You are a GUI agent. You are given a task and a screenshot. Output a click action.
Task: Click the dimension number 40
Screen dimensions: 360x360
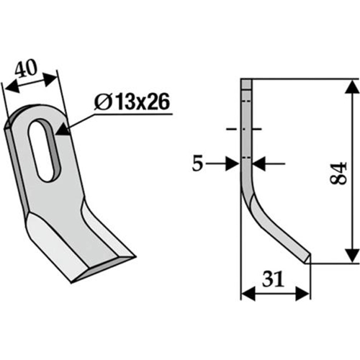click(26, 68)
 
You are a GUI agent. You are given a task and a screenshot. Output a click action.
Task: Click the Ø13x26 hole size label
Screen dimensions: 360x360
click(132, 102)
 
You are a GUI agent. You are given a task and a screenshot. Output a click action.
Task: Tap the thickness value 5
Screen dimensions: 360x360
click(197, 164)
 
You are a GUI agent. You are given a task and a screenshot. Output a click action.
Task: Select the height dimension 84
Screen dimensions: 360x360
click(338, 173)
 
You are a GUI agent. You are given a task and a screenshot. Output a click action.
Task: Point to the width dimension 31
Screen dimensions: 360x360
click(274, 279)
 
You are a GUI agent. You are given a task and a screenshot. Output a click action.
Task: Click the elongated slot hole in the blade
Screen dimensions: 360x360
click(45, 151)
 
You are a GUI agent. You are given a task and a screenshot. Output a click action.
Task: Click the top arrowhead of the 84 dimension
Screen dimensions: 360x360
click(351, 86)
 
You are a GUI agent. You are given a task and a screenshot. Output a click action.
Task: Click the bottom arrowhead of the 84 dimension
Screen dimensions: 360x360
click(351, 256)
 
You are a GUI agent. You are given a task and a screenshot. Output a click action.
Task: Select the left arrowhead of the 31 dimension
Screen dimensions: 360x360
click(248, 293)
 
